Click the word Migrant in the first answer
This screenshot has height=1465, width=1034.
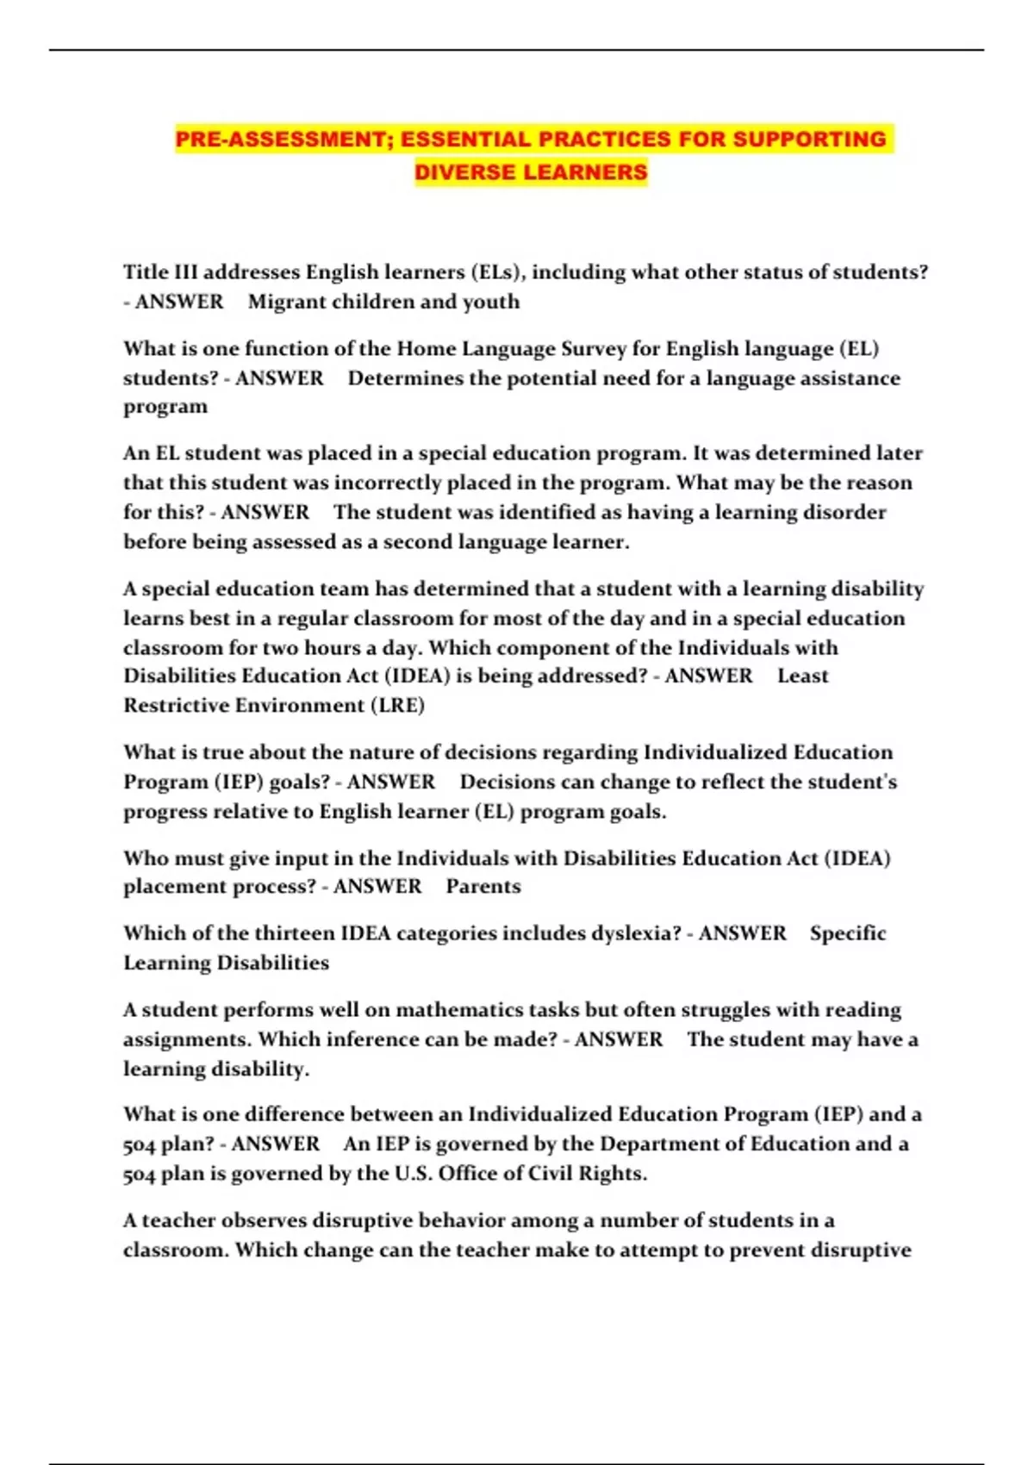282,302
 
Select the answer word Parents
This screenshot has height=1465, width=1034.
483,886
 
